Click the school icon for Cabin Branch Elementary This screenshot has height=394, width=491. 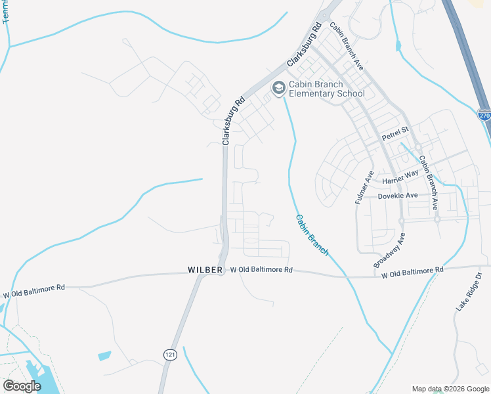click(278, 87)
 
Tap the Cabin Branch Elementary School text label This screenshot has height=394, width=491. click(327, 89)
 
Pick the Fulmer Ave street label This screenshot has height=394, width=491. click(364, 187)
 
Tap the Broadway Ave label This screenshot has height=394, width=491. click(390, 249)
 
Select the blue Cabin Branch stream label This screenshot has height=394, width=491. click(311, 235)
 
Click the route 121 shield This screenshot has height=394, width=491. click(170, 354)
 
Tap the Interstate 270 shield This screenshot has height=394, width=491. click(484, 115)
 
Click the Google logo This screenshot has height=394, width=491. click(22, 386)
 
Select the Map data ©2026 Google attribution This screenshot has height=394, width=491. click(450, 388)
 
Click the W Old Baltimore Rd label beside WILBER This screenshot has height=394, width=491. click(261, 270)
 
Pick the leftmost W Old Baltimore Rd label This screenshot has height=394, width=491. click(34, 291)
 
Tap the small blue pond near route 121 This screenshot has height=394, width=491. click(104, 356)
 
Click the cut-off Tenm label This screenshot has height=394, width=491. click(7, 12)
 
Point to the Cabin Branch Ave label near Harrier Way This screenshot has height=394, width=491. click(428, 182)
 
